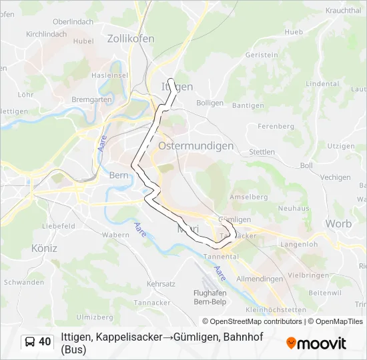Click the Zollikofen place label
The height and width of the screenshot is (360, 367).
[x=130, y=39]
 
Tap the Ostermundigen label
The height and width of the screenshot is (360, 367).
[x=196, y=145]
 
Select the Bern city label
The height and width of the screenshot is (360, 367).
[x=118, y=176]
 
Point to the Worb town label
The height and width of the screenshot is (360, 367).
[x=338, y=225]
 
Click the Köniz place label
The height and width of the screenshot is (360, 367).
[x=44, y=248]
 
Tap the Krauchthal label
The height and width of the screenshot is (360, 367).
[x=344, y=11]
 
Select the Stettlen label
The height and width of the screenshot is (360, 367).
[x=262, y=152]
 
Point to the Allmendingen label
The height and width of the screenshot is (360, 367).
[x=260, y=279]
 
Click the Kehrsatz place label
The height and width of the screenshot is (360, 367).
[x=160, y=284]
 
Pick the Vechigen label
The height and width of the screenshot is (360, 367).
[x=335, y=177]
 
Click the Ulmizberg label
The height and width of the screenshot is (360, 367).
[x=95, y=317]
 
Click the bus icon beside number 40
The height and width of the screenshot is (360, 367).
[x=30, y=342]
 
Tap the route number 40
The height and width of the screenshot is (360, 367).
[x=45, y=342]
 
